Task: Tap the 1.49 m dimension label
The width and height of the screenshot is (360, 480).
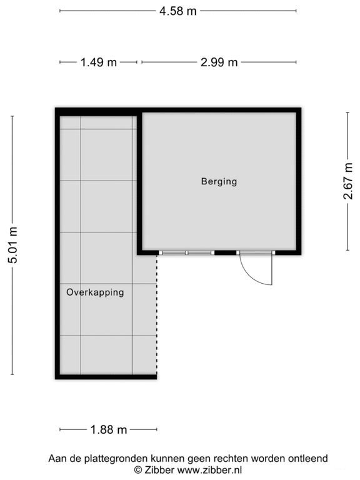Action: pos(98,62)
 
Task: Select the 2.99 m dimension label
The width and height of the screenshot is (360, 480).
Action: pos(219,62)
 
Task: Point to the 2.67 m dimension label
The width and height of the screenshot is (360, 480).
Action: pos(348,181)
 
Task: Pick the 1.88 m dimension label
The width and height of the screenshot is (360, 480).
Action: pos(109,429)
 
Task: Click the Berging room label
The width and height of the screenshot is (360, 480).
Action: pos(219,182)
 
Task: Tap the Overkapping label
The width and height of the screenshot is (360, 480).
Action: pos(95,292)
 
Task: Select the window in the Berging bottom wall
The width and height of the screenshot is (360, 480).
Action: pos(186,252)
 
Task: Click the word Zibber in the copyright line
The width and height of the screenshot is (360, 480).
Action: pos(160,469)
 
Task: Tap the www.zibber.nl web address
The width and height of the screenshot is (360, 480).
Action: pos(211,469)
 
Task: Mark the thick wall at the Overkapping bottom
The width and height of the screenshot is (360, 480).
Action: pos(106,376)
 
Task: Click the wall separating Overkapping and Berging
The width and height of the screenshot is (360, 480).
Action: pos(141,181)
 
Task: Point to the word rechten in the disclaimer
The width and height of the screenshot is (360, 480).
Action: pos(227,459)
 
